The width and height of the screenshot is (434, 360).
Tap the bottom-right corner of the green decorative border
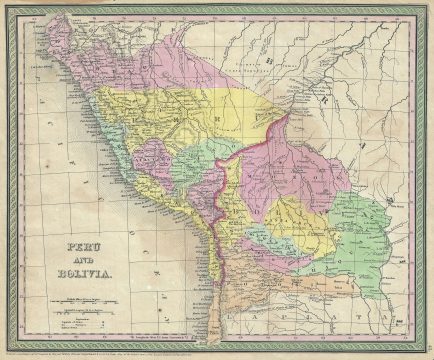click(423, 347)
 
